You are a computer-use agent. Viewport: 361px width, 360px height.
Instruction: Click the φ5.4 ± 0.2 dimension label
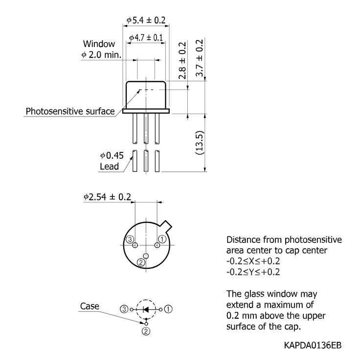pyautogui.click(x=146, y=20)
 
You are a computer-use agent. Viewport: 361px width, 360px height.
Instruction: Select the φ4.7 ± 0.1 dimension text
pyautogui.click(x=146, y=38)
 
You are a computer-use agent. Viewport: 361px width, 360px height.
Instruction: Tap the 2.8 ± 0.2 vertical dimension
pyautogui.click(x=182, y=60)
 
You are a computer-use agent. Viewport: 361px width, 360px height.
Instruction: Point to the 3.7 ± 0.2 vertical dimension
pyautogui.click(x=200, y=58)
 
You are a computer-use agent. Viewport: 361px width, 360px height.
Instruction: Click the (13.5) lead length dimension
pyautogui.click(x=200, y=143)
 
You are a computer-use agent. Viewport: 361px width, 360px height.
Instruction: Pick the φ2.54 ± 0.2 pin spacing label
pyautogui.click(x=107, y=197)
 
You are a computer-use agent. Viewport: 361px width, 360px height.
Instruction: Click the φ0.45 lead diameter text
pyautogui.click(x=112, y=156)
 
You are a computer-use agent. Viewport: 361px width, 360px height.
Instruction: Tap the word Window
pyautogui.click(x=99, y=44)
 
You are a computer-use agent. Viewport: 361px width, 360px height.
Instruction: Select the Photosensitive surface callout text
pyautogui.click(x=70, y=111)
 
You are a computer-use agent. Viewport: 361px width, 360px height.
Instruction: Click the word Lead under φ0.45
pyautogui.click(x=110, y=167)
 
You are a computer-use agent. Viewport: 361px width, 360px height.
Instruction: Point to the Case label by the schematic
pyautogui.click(x=90, y=306)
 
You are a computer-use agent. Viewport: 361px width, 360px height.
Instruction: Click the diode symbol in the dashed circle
pyautogui.click(x=146, y=309)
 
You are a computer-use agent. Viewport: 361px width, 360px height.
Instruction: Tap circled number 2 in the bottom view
pyautogui.click(x=141, y=262)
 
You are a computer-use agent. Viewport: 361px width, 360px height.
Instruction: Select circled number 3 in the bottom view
pyautogui.click(x=130, y=240)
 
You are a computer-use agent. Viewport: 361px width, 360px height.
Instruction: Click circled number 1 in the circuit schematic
pyautogui.click(x=168, y=309)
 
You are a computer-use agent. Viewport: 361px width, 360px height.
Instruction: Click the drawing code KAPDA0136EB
pyautogui.click(x=313, y=345)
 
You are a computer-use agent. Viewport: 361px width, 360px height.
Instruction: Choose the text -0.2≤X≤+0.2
pyautogui.click(x=253, y=261)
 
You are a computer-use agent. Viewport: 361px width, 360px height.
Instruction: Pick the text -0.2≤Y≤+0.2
pyautogui.click(x=253, y=272)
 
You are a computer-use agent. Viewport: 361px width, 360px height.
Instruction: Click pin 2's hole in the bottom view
pyautogui.click(x=146, y=256)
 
